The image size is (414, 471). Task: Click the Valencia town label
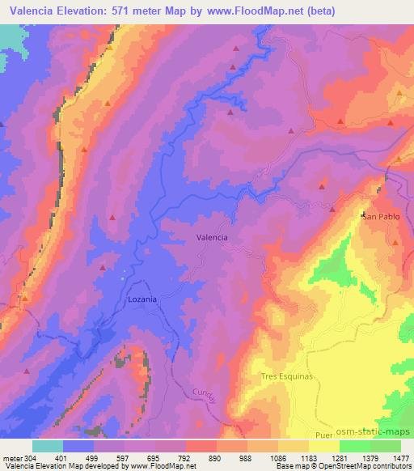point(212,238)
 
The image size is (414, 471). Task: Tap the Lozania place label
point(142,299)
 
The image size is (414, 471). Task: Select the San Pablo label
point(381,217)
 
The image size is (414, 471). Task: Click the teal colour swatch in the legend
point(48,446)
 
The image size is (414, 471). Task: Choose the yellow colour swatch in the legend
point(323,446)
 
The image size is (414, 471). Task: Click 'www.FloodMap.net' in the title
point(251,11)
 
